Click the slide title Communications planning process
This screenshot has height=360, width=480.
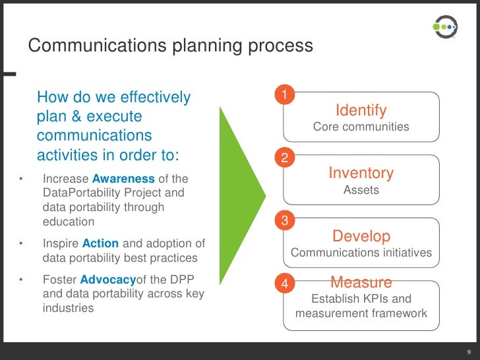tap(170, 46)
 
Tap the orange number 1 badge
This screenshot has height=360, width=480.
tap(284, 96)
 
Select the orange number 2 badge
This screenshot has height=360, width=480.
tap(284, 158)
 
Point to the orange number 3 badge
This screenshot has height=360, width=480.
tap(284, 222)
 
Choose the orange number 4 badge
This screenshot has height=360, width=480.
tap(284, 284)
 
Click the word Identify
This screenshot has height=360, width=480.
tap(361, 110)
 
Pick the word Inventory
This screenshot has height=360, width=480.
tap(361, 173)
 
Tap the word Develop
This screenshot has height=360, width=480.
tap(361, 236)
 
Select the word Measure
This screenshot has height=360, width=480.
tap(361, 283)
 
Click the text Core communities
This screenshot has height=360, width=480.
tap(361, 127)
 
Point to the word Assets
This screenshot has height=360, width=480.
tap(361, 190)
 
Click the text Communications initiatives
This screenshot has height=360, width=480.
tap(361, 253)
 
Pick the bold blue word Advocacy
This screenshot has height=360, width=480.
tap(107, 279)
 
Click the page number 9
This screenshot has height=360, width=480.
tap(467, 351)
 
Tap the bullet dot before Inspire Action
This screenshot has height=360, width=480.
tap(21, 243)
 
